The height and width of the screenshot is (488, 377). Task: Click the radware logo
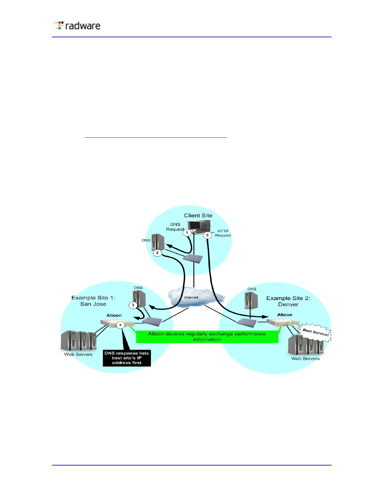click(x=77, y=25)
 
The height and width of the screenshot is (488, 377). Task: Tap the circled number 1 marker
click(x=187, y=233)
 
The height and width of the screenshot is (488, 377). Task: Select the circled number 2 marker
click(x=157, y=253)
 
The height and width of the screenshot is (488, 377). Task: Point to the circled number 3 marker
click(x=133, y=305)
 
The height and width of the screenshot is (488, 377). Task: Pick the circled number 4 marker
click(x=120, y=325)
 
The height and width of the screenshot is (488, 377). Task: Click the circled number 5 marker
click(x=207, y=235)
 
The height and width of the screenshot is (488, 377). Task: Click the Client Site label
click(x=198, y=216)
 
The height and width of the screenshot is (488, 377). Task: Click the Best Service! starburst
click(x=316, y=332)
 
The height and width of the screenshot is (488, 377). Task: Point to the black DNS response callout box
click(x=127, y=358)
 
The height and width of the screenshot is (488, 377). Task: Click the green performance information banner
click(x=207, y=336)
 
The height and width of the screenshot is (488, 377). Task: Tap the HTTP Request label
click(x=223, y=233)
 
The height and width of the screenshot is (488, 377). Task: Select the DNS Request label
click(x=175, y=227)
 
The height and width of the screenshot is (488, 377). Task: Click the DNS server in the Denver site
click(x=251, y=300)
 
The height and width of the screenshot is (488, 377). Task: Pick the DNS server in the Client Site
click(x=158, y=242)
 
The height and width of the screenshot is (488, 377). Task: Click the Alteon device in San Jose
click(x=118, y=323)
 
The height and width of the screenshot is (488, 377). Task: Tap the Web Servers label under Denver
click(x=305, y=359)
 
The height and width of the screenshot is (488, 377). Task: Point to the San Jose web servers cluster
click(x=79, y=341)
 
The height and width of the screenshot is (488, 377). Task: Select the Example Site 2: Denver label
click(x=288, y=301)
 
